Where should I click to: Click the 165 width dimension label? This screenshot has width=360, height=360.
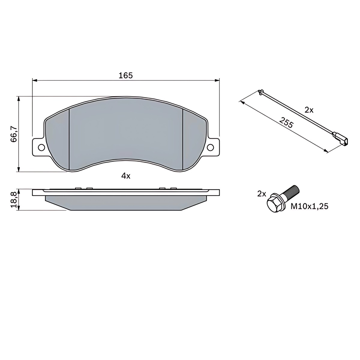[126, 75]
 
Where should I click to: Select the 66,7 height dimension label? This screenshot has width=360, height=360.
[14, 134]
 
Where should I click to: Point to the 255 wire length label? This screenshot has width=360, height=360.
[286, 123]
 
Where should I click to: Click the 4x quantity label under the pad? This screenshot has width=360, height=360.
[125, 176]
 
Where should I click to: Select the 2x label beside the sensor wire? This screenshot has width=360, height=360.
[309, 110]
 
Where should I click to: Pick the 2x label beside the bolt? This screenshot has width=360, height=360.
[262, 194]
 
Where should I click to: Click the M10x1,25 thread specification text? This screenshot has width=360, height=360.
[309, 206]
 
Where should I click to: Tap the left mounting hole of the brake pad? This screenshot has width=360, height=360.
[41, 147]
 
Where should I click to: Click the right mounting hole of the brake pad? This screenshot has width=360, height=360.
[210, 147]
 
